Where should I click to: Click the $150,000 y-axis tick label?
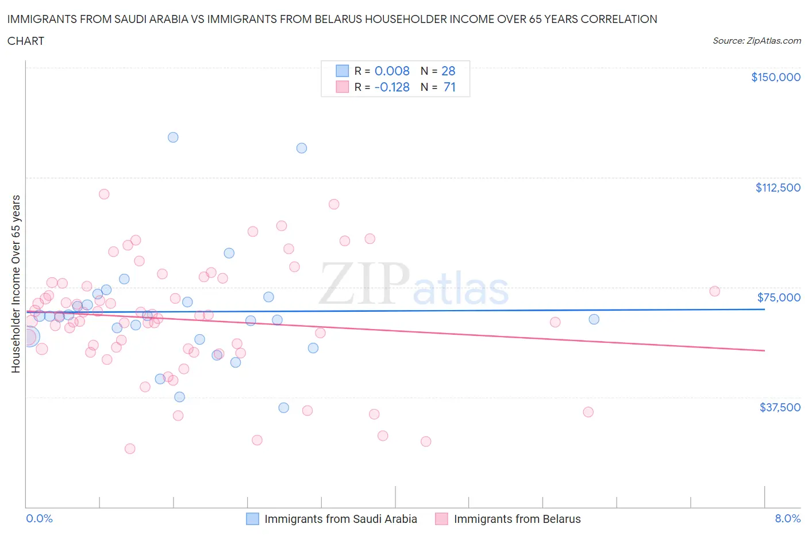[x=775, y=77]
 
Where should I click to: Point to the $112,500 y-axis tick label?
[x=778, y=188]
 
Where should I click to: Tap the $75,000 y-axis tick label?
[x=779, y=297]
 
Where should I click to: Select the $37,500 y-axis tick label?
[x=779, y=407]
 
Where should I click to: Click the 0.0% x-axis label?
[x=39, y=518]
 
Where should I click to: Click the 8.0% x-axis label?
[x=787, y=518]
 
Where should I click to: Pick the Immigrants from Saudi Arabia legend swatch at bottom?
[x=252, y=519]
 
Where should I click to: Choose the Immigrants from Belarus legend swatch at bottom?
[x=441, y=519]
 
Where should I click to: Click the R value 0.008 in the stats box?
[x=392, y=71]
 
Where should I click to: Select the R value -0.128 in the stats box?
[x=392, y=87]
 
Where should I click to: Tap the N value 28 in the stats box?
[x=448, y=71]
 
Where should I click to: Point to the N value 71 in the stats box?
[x=449, y=87]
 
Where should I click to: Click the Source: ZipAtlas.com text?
[x=756, y=40]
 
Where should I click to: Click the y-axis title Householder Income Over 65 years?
[x=16, y=284]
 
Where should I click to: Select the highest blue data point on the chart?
[x=173, y=137]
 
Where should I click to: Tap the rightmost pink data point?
[x=714, y=291]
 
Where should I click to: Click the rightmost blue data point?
[x=594, y=319]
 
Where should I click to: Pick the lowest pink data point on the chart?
[x=130, y=449]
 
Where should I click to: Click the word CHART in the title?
[x=26, y=41]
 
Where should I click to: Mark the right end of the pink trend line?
[x=764, y=350]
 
